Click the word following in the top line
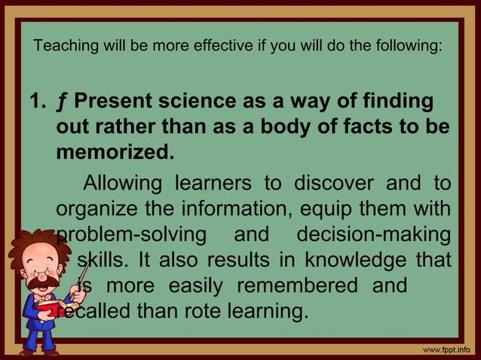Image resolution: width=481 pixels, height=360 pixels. click(406, 47)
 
